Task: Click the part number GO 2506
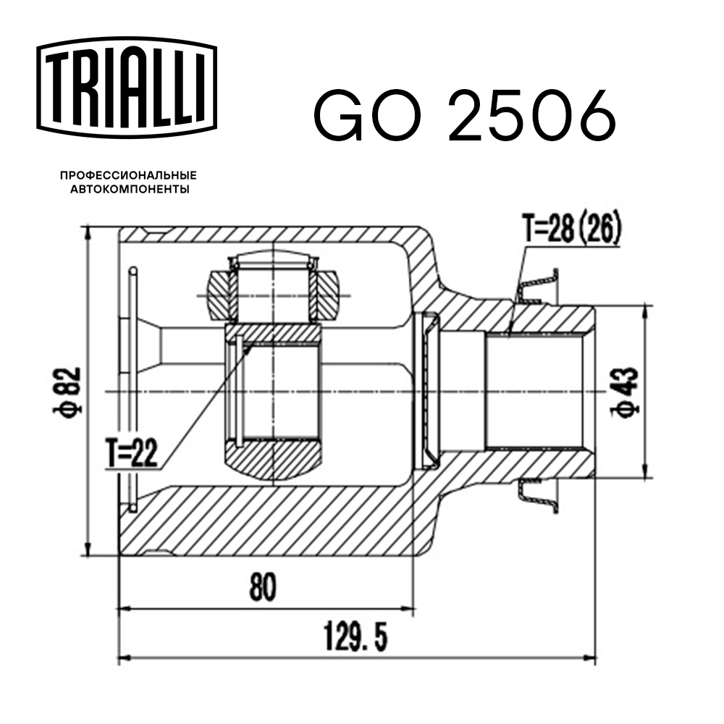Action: point(463,116)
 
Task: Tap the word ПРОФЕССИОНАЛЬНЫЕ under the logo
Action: point(128,176)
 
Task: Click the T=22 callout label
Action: point(132,455)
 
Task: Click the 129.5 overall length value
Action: point(355,638)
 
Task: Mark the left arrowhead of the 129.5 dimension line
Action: point(123,659)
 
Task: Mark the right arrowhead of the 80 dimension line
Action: point(411,609)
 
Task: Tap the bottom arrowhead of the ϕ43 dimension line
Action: point(644,474)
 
